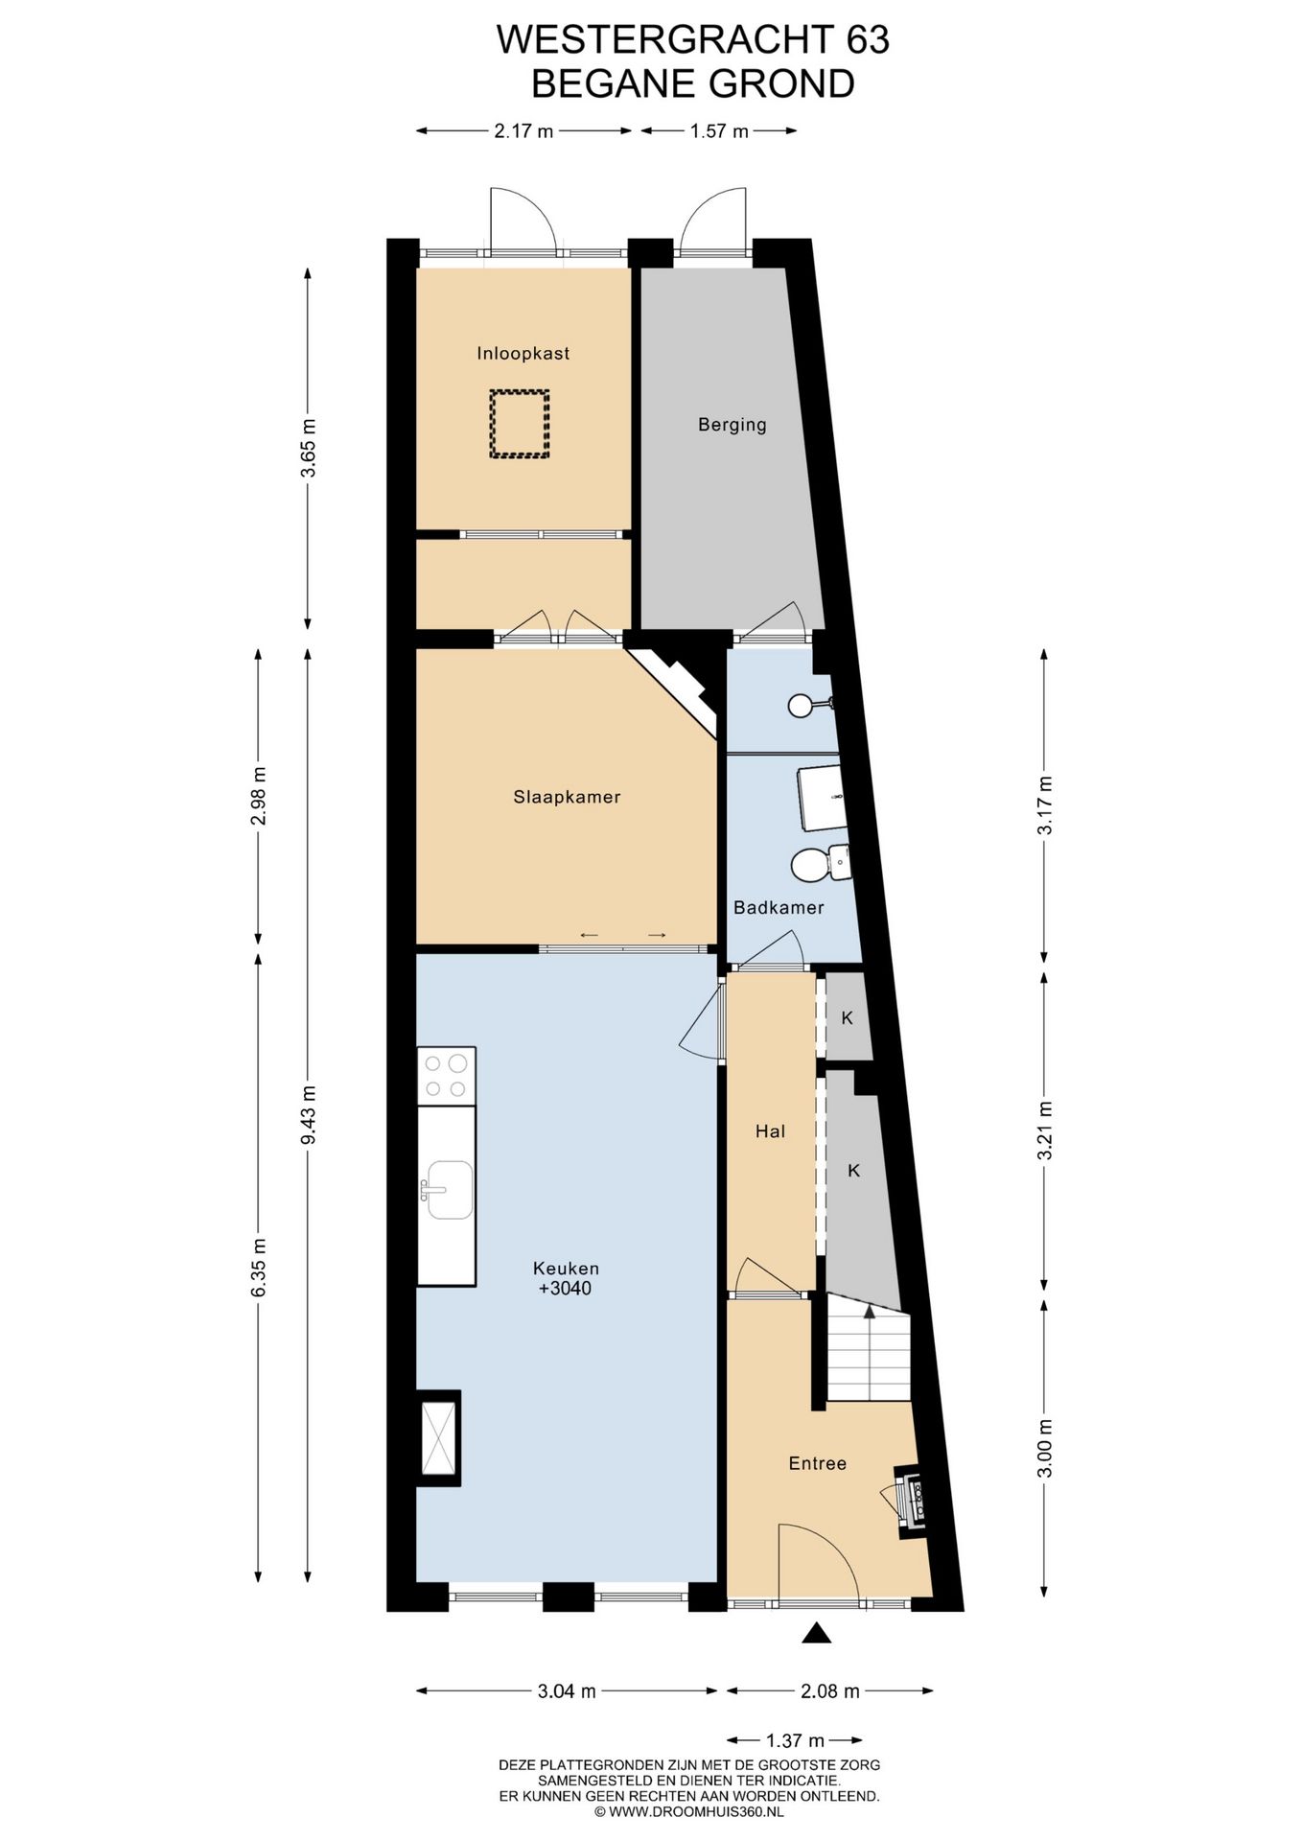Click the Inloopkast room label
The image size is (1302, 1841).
(523, 354)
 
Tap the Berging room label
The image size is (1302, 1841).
(732, 425)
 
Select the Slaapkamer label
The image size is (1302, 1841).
(567, 797)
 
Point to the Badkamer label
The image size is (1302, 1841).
(779, 907)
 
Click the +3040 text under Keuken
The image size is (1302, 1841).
(566, 1289)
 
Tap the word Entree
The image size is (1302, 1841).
(818, 1463)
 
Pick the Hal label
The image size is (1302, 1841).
(770, 1131)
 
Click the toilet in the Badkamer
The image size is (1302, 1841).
(821, 863)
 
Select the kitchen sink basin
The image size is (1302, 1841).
(450, 1190)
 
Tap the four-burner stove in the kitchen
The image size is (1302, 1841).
(447, 1076)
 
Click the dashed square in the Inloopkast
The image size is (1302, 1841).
(520, 423)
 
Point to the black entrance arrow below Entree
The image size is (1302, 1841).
(816, 1633)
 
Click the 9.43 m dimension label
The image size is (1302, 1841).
(308, 1114)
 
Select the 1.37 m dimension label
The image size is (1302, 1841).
(795, 1740)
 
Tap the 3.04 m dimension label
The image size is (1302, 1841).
(567, 1691)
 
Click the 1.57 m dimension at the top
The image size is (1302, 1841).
(719, 131)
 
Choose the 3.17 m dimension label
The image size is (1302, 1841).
(1045, 804)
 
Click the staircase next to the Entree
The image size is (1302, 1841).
(868, 1350)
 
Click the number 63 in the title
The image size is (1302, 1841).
(868, 40)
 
